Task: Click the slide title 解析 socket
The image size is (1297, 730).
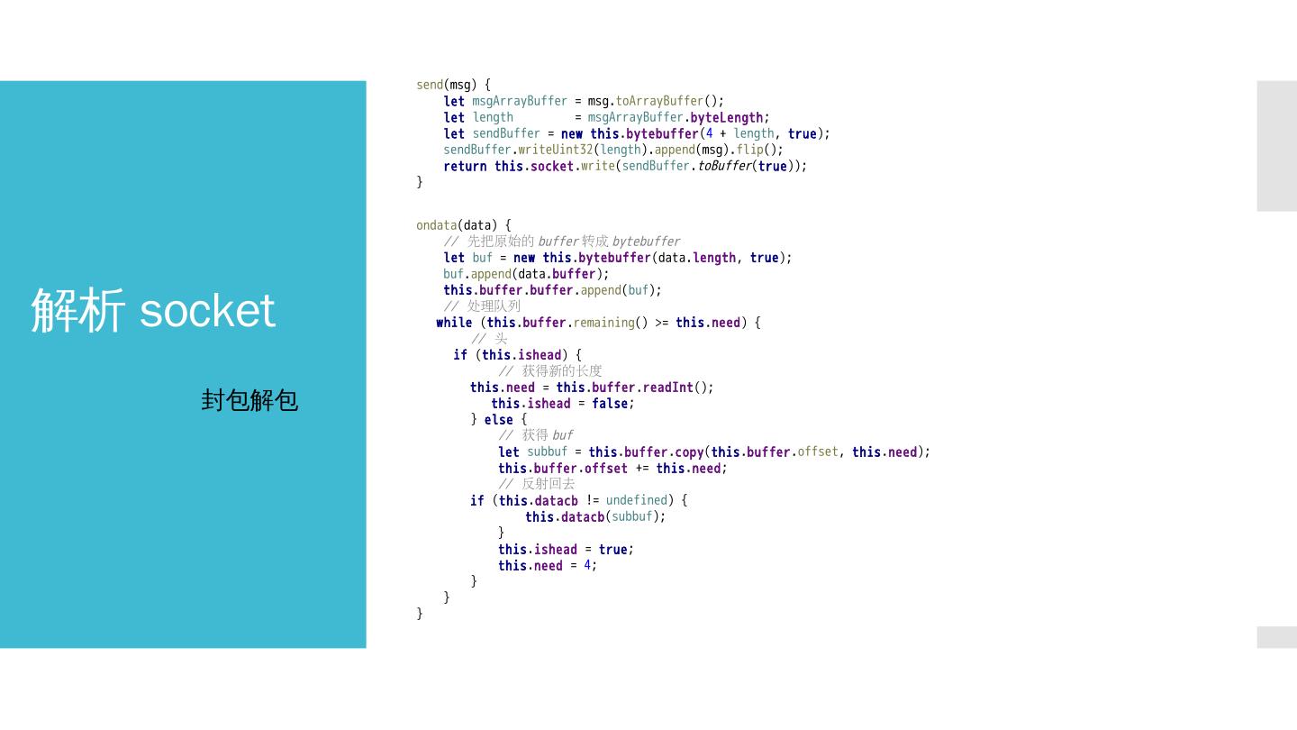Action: [x=153, y=311]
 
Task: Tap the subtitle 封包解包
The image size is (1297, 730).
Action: [x=249, y=400]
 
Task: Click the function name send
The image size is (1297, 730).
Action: [x=430, y=85]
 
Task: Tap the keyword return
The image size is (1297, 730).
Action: [x=465, y=166]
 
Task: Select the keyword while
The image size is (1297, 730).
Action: [x=454, y=323]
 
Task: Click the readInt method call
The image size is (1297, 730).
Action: [x=667, y=388]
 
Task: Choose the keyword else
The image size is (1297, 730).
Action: [x=498, y=420]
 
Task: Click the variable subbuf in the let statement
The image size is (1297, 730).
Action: [x=548, y=452]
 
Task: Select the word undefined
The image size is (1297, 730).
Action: [x=637, y=500]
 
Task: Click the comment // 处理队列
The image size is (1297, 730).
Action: [x=482, y=306]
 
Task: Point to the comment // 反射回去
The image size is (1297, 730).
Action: [x=537, y=484]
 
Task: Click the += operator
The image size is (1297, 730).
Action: [x=642, y=469]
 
